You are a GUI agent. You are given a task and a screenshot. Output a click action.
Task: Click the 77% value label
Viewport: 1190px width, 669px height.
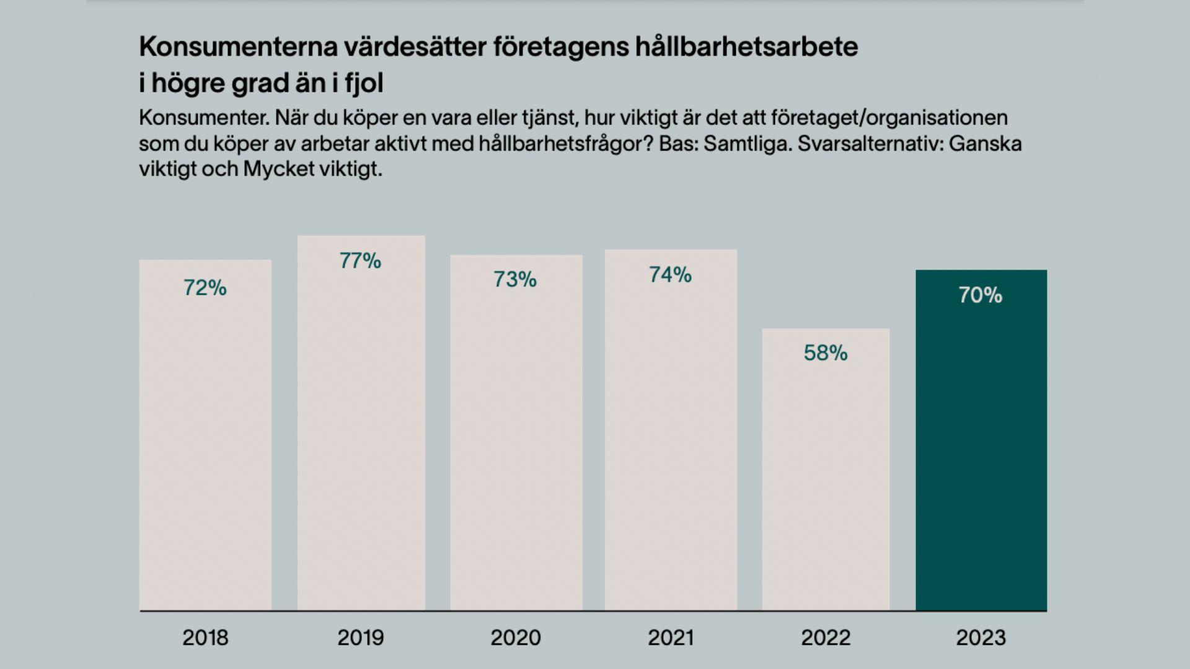tap(360, 261)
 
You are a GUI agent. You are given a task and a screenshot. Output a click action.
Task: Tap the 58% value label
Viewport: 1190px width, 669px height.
tap(826, 353)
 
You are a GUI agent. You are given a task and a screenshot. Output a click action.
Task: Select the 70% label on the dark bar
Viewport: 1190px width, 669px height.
tap(981, 295)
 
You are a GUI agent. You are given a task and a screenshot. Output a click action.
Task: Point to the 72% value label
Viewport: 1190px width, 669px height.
tap(205, 288)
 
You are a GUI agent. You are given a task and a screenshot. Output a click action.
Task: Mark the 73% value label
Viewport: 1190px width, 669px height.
tap(515, 280)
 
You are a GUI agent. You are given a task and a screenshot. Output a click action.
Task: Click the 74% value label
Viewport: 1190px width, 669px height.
tap(670, 275)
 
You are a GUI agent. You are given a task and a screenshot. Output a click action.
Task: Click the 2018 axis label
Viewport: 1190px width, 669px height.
tap(205, 637)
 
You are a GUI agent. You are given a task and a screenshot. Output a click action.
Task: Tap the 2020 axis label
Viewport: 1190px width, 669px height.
tap(516, 637)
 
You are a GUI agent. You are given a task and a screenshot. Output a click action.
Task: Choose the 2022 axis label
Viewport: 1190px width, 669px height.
tap(826, 637)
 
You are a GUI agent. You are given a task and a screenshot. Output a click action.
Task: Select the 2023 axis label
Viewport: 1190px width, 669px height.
tap(981, 637)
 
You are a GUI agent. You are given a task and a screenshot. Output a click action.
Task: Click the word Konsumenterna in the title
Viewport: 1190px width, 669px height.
tap(236, 46)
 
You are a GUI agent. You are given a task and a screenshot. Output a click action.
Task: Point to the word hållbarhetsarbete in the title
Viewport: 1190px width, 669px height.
tap(747, 46)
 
